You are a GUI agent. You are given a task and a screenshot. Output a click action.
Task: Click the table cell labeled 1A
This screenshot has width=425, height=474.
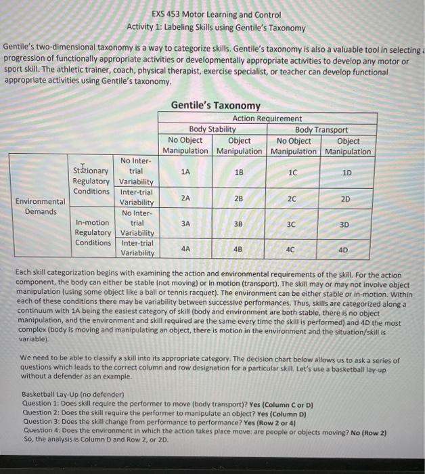(x=185, y=172)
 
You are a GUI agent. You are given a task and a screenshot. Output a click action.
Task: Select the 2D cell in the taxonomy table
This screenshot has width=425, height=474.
(x=346, y=198)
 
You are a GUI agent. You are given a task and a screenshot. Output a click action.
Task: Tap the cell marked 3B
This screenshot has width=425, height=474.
(x=238, y=223)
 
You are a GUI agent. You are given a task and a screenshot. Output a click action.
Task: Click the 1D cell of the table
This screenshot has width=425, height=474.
(x=346, y=173)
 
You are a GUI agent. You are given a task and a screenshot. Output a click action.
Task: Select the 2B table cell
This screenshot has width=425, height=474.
(x=238, y=198)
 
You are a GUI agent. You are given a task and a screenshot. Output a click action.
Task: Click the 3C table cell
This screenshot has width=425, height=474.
(x=290, y=223)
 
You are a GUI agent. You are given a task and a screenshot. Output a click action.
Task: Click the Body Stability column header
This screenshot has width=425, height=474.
(x=212, y=129)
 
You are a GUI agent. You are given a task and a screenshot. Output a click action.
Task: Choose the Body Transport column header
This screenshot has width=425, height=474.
(x=321, y=129)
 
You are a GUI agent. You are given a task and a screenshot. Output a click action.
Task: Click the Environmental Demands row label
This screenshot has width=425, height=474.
(x=41, y=206)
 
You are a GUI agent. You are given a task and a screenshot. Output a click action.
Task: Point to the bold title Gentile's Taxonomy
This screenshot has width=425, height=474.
(x=215, y=106)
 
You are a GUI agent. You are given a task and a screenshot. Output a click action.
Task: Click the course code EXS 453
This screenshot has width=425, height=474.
(x=169, y=14)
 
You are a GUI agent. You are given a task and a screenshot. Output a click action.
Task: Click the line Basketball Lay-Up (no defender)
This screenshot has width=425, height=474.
(x=73, y=394)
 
